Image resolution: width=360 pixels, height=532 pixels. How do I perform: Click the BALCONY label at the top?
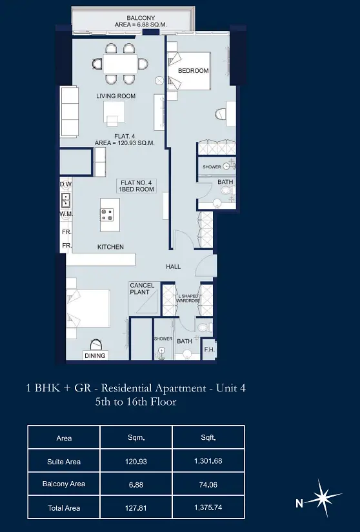click(141, 17)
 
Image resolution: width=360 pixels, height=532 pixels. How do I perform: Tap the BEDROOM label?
click(194, 70)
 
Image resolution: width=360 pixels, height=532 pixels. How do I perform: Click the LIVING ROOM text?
click(115, 96)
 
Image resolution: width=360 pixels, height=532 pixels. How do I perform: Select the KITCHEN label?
click(110, 247)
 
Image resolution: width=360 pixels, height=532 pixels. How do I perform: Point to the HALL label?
click(173, 267)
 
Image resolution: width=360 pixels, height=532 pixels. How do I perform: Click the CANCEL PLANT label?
click(142, 289)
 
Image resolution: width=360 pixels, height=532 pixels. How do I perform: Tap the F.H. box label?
click(209, 349)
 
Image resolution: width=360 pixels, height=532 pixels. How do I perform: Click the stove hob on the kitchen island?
click(107, 215)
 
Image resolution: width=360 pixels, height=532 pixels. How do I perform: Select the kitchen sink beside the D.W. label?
click(66, 200)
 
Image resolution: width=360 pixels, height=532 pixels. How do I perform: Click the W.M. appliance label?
click(66, 214)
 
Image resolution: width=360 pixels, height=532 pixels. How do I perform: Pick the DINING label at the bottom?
click(95, 355)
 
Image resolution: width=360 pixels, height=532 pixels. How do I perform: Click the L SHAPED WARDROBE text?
click(188, 299)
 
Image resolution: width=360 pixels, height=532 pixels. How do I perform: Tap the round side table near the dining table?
click(159, 81)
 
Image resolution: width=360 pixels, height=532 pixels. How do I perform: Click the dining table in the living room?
click(120, 64)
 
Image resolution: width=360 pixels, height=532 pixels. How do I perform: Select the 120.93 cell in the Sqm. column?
click(136, 462)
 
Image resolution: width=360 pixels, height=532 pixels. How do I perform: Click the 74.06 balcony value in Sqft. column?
click(208, 485)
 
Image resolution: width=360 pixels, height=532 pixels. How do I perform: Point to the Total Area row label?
click(64, 508)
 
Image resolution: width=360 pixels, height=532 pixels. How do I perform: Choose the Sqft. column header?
click(208, 438)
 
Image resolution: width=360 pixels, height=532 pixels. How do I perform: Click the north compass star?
click(325, 498)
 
